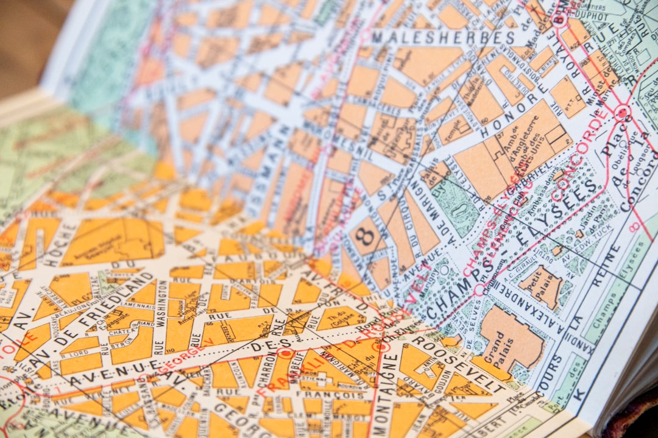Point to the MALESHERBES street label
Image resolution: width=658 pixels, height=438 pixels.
[443, 37]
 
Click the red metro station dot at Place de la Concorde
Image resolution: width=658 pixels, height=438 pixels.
[621, 112]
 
